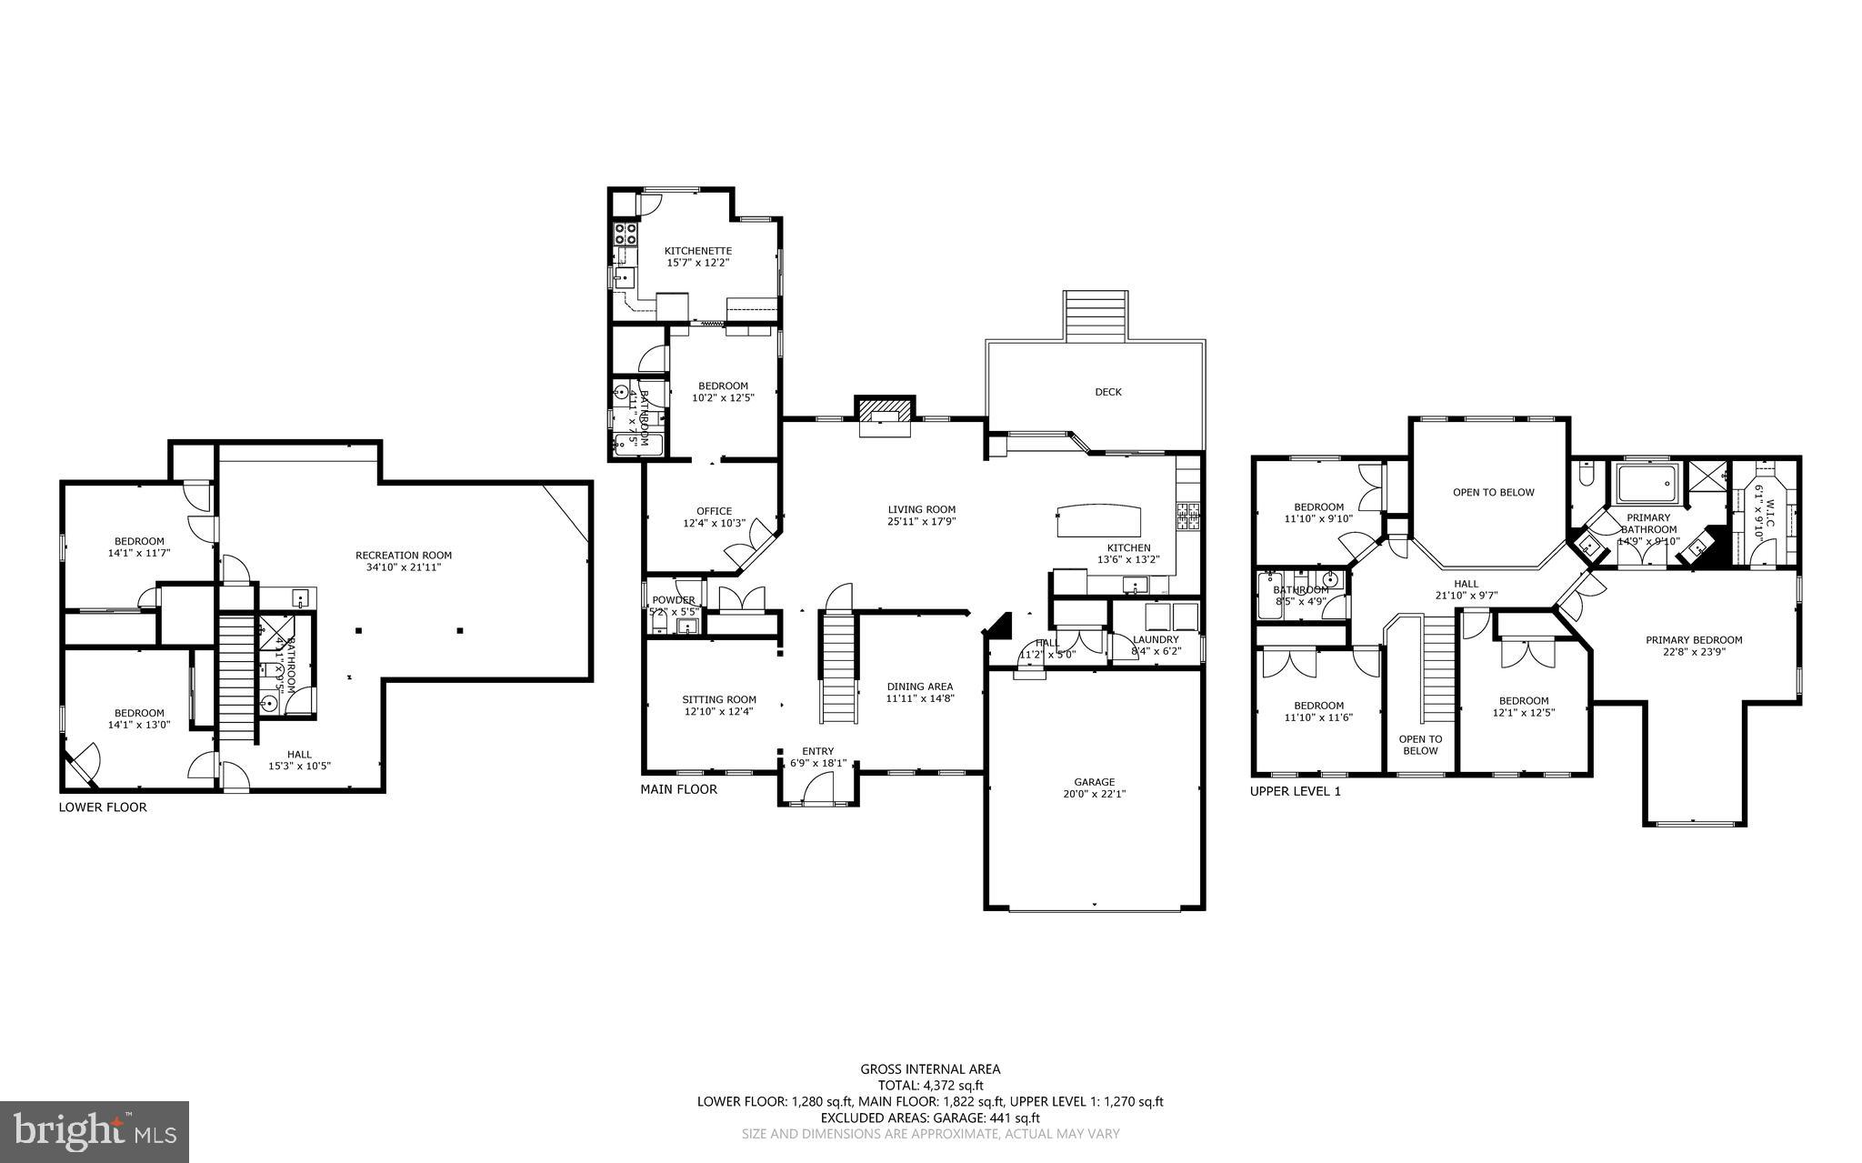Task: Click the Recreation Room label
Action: click(403, 555)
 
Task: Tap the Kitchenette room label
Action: click(697, 251)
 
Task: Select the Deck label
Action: click(1107, 392)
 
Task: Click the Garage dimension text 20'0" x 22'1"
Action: click(1094, 794)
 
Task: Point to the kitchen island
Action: click(1098, 522)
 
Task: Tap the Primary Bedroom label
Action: click(1693, 639)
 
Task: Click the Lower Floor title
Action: click(102, 807)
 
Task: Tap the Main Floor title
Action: click(678, 789)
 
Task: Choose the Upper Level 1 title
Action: click(1295, 791)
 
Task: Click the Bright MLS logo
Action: click(95, 1131)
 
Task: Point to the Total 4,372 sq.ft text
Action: click(930, 1085)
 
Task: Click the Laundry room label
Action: click(1156, 639)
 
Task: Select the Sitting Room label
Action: click(719, 699)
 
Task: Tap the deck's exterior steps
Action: click(1096, 316)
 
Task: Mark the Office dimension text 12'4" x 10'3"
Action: click(714, 523)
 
